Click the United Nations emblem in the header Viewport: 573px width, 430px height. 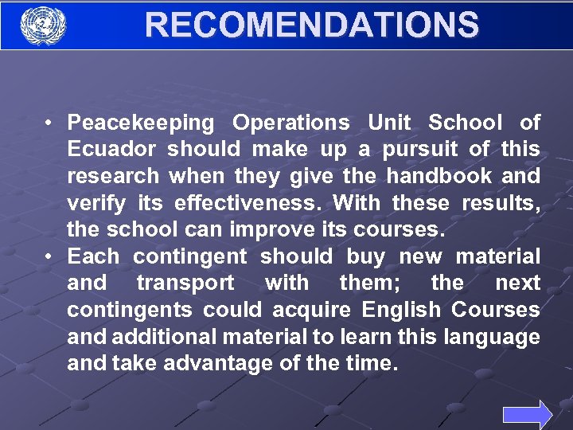(x=42, y=25)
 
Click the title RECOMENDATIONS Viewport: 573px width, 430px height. (x=311, y=25)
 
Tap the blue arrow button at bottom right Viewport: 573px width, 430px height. (x=527, y=415)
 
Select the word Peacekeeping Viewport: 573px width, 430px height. (x=141, y=123)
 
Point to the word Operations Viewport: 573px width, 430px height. (x=290, y=123)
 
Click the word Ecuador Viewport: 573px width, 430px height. (x=111, y=149)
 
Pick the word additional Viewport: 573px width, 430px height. (x=158, y=337)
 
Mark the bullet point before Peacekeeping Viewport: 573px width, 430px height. (x=49, y=123)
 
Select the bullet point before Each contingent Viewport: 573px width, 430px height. (x=49, y=256)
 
